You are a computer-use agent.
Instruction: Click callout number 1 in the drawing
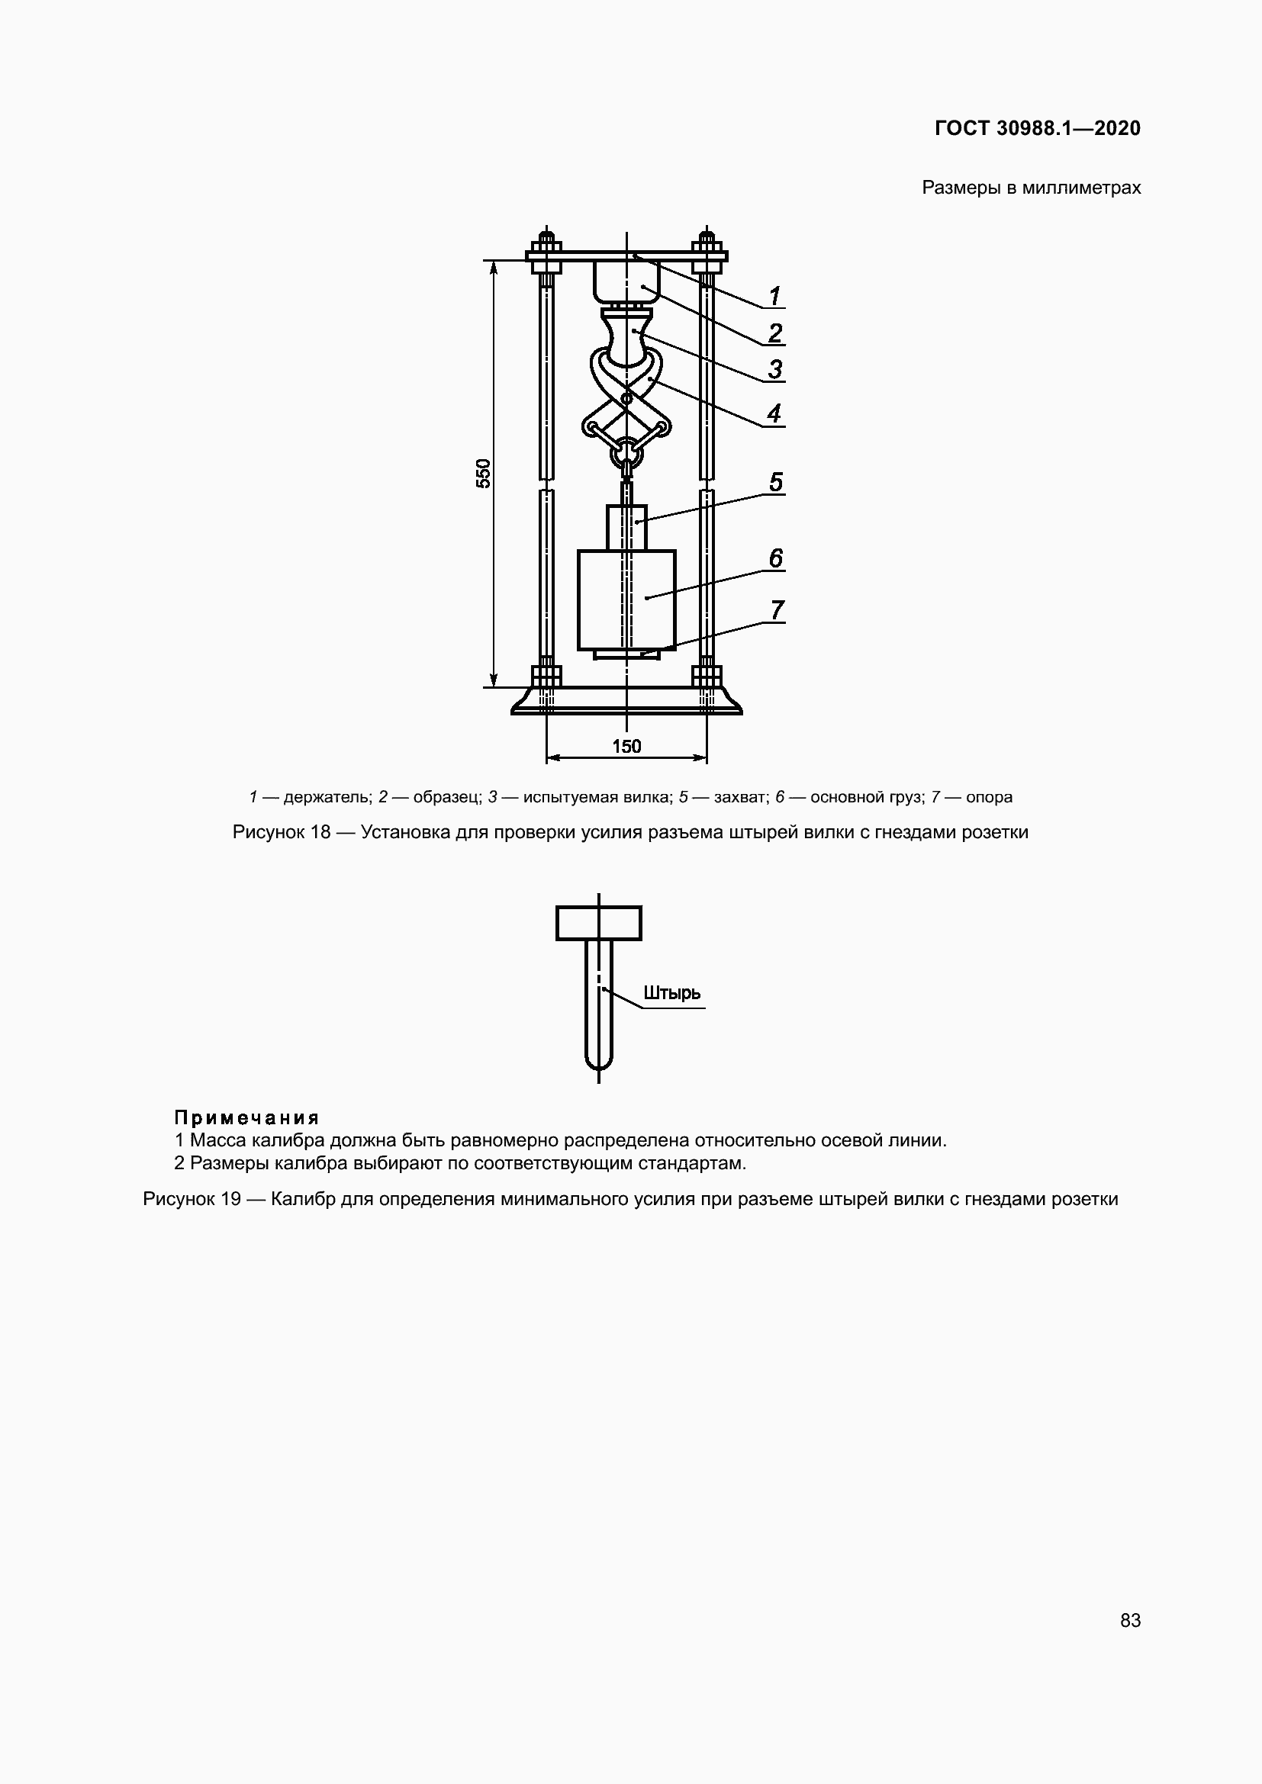point(774,296)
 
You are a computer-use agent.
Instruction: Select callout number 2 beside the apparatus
point(774,333)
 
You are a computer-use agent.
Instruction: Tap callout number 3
point(774,369)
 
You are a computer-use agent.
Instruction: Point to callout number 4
point(774,413)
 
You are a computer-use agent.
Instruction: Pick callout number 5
point(775,483)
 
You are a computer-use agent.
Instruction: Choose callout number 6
point(775,558)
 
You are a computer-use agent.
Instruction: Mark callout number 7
point(776,611)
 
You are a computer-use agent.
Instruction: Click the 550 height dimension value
point(483,473)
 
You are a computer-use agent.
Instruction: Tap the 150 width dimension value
point(626,747)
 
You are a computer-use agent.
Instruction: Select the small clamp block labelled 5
point(626,528)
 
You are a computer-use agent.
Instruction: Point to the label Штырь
point(672,993)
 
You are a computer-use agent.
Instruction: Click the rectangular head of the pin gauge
point(598,923)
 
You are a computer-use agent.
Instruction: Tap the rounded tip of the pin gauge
point(598,1062)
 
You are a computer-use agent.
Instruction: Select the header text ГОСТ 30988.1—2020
point(1038,128)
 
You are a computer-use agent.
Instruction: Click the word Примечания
point(246,1117)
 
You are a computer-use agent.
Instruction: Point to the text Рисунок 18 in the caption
point(282,832)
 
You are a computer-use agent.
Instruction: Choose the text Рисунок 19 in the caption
point(192,1199)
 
